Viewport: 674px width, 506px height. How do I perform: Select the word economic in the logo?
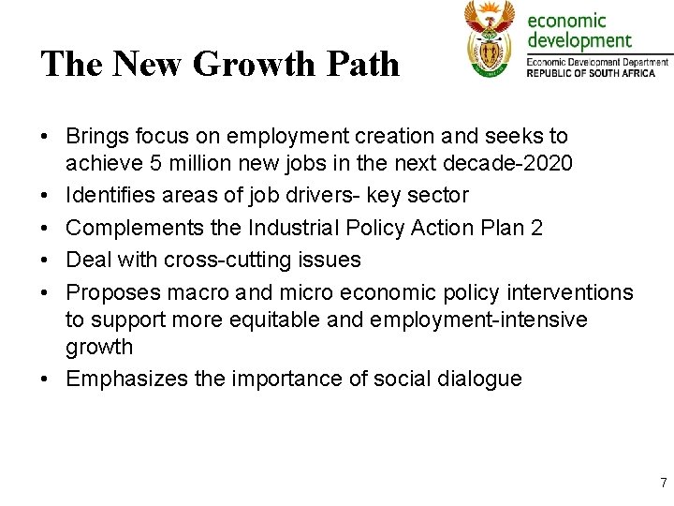pos(568,20)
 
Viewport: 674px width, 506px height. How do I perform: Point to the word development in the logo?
pos(580,40)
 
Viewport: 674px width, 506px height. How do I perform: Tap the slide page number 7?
pos(663,484)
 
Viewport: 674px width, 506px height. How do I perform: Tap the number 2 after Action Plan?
pos(536,228)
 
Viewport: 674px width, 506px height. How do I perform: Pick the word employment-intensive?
pos(478,320)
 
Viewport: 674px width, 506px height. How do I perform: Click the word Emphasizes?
pos(125,379)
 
